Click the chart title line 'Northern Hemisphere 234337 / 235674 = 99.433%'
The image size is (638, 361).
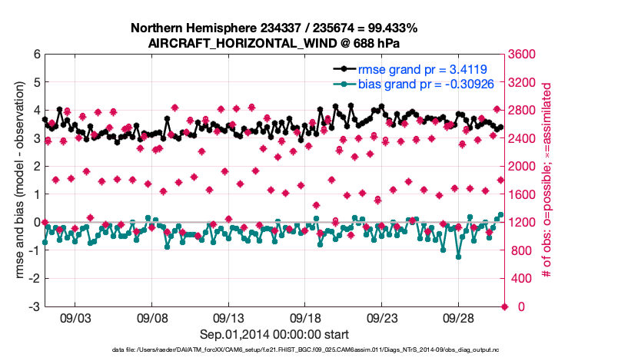274,28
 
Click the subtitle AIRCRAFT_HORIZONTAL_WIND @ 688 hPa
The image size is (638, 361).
274,43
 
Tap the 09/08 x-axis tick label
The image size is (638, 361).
152,317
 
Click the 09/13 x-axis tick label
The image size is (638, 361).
228,317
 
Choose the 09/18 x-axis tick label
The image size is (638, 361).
305,317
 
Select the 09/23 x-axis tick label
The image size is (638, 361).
382,317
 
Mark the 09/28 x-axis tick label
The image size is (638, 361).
458,317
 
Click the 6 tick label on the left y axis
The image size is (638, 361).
36,55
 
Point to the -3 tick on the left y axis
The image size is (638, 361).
34,306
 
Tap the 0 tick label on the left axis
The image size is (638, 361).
36,223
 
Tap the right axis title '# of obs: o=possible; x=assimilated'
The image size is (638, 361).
547,180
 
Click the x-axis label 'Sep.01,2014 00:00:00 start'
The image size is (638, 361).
274,334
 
